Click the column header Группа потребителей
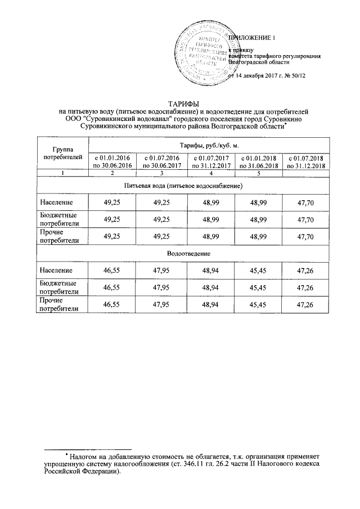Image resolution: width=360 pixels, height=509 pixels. (x=62, y=152)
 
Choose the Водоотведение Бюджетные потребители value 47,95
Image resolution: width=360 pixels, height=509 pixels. (x=161, y=288)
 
